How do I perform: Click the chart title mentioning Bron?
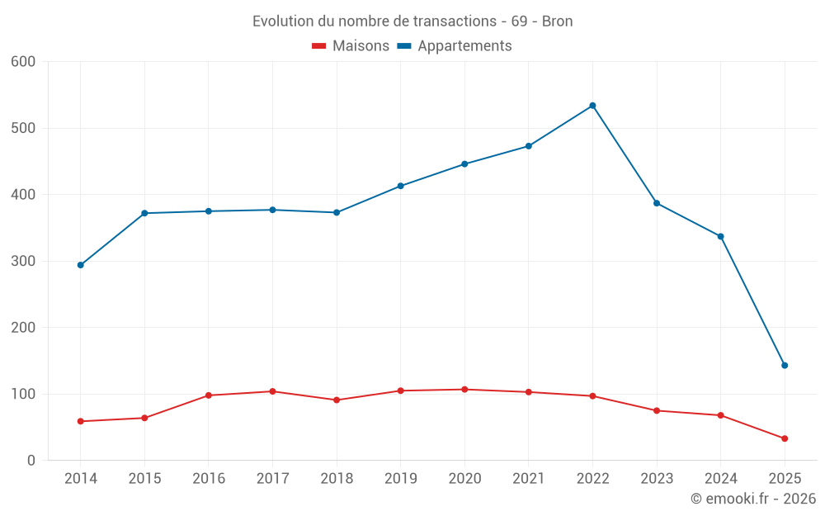point(412,21)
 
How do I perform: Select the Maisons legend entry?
point(351,46)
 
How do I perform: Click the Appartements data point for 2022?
point(592,106)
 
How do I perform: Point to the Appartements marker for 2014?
point(80,265)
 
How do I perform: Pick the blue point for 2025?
point(785,365)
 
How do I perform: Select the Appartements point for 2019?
point(400,186)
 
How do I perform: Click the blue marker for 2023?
point(657,203)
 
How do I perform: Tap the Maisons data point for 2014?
point(80,421)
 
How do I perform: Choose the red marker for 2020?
point(464,389)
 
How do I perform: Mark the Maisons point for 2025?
point(785,438)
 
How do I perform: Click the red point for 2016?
point(208,395)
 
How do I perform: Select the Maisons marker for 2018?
point(337,400)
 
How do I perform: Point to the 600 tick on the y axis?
point(24,62)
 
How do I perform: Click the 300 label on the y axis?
point(24,262)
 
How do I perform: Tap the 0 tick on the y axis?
point(31,461)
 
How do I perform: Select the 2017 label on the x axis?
point(272,479)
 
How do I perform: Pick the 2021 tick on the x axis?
point(529,479)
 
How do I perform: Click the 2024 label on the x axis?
point(720,479)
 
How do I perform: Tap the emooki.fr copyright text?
point(753,499)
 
